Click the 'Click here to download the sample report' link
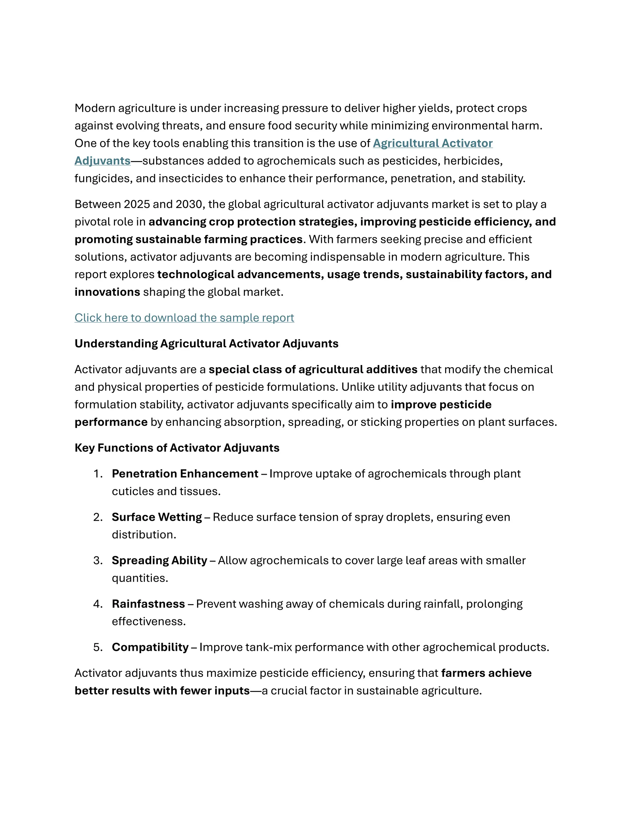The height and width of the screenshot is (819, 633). click(x=184, y=318)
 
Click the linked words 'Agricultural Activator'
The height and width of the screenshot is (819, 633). click(x=432, y=143)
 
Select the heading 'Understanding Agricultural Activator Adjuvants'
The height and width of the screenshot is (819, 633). click(x=206, y=343)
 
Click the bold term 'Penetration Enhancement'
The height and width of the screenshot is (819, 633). click(x=185, y=473)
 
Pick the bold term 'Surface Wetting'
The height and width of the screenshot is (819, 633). click(x=157, y=517)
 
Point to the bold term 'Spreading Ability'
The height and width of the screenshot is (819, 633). click(x=159, y=560)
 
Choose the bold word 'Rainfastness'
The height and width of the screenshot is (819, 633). click(x=148, y=604)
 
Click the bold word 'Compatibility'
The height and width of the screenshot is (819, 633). click(x=150, y=647)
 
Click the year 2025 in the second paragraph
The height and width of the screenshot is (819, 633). click(x=137, y=204)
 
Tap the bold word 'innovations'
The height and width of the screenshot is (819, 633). click(x=107, y=292)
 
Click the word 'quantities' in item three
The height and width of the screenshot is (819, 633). click(x=139, y=578)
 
